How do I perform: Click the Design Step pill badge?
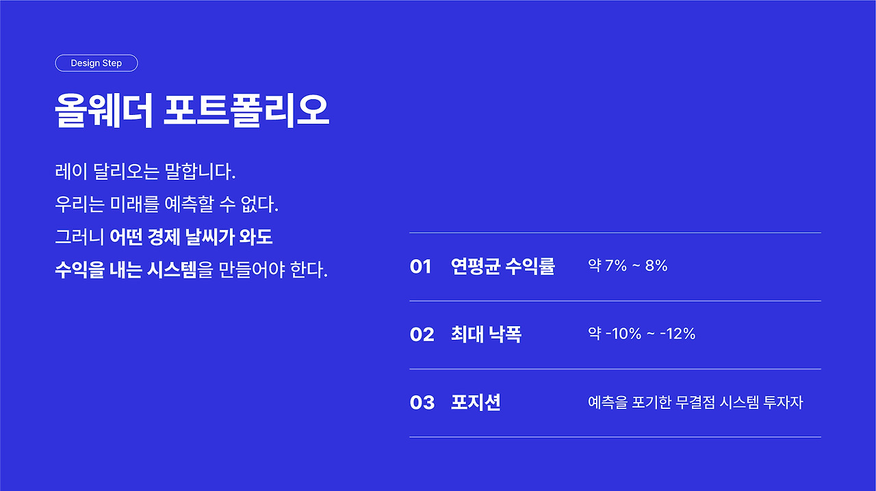[96, 63]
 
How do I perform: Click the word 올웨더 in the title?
[103, 111]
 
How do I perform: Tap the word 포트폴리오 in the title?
[246, 111]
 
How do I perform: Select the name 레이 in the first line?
[71, 172]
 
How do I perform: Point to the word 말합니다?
[200, 172]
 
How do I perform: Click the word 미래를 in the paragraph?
[135, 204]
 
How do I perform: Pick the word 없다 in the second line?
[259, 204]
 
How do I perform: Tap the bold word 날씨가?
[209, 237]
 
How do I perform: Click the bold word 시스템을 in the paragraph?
[180, 269]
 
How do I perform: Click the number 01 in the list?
[420, 267]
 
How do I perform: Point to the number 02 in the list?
[422, 334]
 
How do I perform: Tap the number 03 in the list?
[422, 403]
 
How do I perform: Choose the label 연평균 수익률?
[503, 266]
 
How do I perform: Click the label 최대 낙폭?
[486, 334]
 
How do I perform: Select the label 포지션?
[476, 402]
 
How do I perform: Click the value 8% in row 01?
[656, 266]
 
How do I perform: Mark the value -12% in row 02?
[678, 334]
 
